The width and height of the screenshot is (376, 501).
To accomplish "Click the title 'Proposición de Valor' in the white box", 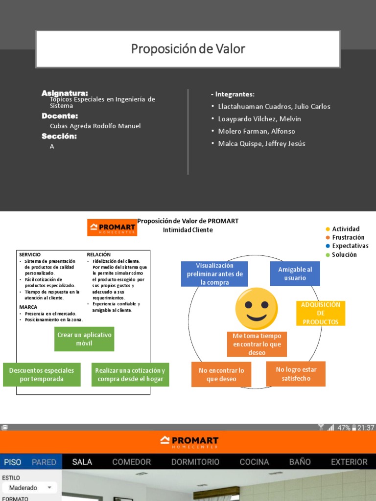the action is click(x=188, y=49).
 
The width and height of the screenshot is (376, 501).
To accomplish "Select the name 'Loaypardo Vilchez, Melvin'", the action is click(x=259, y=119).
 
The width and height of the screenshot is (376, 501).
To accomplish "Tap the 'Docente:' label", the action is click(x=60, y=116).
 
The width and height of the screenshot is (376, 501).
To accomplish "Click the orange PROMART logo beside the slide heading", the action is click(x=112, y=228).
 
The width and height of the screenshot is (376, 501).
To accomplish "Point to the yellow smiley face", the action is click(x=257, y=309).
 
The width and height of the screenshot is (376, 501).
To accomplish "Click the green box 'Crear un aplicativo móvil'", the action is click(x=85, y=339).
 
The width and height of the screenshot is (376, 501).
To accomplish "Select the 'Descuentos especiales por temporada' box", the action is click(x=42, y=375).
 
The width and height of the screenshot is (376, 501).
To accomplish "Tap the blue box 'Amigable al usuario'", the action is click(x=295, y=273).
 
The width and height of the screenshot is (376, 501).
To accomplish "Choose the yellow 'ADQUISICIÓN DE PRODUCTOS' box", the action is click(x=321, y=313).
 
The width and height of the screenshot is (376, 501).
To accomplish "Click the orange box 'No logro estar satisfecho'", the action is click(x=296, y=374).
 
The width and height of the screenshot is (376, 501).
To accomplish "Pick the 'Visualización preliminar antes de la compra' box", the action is click(x=214, y=274).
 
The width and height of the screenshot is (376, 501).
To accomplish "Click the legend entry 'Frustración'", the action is click(x=348, y=237).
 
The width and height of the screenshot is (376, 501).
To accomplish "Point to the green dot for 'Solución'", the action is click(x=328, y=255).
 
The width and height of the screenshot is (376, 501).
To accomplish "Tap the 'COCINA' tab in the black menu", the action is click(x=254, y=462).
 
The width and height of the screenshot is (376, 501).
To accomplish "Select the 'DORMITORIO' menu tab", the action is click(x=195, y=462).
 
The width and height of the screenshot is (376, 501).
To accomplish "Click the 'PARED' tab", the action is click(x=44, y=462).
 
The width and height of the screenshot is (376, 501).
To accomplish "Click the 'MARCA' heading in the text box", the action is click(x=28, y=307).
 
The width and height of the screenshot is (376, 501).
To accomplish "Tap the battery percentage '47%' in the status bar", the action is click(x=343, y=428).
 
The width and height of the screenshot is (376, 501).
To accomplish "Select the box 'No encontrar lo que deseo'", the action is click(x=221, y=375).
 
